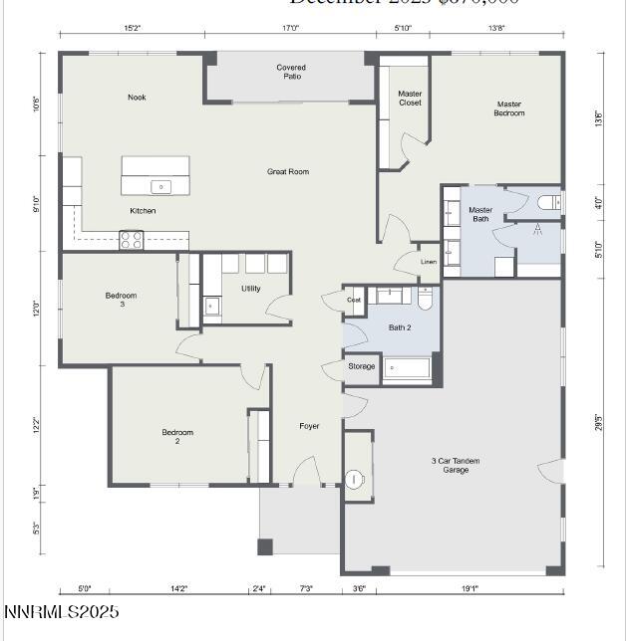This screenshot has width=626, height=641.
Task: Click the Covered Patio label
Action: (291, 72)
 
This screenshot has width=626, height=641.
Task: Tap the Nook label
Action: (137, 98)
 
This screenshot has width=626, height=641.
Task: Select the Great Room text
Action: (288, 172)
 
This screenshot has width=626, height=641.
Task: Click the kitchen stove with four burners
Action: (132, 239)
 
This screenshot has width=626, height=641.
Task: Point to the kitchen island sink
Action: (159, 186)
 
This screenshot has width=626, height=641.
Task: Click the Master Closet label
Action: (410, 99)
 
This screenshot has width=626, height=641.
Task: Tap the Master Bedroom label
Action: (509, 108)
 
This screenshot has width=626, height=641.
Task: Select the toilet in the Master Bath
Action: (547, 203)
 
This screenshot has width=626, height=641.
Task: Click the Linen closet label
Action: (429, 262)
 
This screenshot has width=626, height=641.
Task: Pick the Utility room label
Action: (250, 289)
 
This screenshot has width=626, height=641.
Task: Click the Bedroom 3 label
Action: (121, 300)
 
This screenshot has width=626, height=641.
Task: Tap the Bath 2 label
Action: (400, 327)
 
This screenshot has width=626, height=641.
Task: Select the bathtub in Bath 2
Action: (407, 368)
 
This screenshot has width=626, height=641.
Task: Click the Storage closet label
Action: (362, 366)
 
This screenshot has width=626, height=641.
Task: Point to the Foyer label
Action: (310, 426)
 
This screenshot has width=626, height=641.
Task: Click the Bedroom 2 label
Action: (177, 437)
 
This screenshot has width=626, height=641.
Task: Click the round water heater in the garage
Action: (354, 479)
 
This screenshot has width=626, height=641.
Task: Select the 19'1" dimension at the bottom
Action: (469, 589)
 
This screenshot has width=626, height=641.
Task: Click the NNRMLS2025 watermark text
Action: (62, 612)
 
